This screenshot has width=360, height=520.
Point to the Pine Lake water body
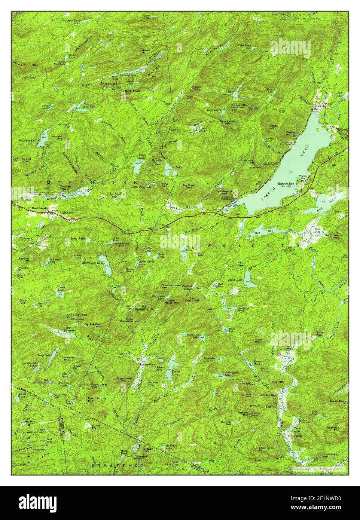[137, 162]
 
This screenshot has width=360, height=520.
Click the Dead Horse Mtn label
[97, 400]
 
